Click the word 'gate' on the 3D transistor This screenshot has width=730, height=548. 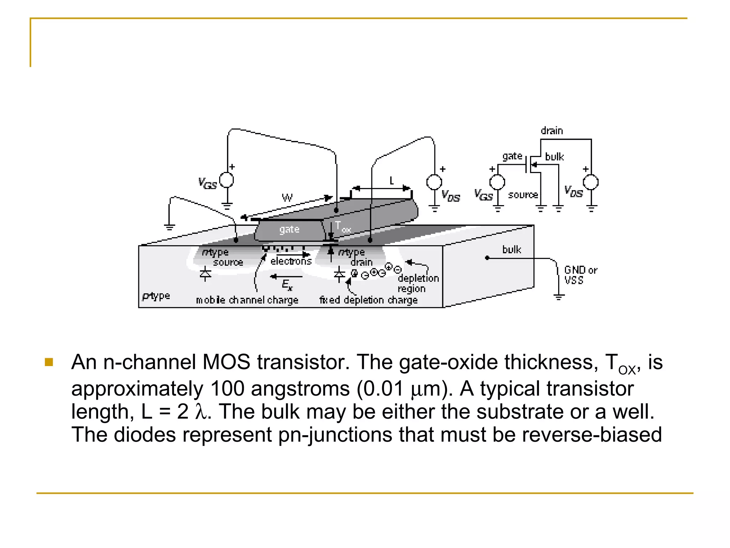point(289,229)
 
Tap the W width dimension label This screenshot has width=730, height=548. point(287,198)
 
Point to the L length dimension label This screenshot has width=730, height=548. point(391,181)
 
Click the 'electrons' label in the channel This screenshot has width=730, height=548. point(291,261)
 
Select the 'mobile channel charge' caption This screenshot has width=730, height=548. point(247,300)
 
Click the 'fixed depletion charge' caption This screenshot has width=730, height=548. point(368,300)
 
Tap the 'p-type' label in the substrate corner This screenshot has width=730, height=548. point(156,296)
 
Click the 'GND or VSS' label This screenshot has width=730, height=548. point(580,275)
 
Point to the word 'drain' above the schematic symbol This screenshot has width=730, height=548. point(552,131)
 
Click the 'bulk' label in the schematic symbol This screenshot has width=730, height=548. point(554,157)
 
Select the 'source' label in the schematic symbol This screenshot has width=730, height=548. point(523,195)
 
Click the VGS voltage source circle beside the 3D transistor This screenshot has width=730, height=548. point(227,180)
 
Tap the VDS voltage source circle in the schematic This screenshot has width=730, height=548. point(591,182)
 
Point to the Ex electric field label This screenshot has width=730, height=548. point(287,285)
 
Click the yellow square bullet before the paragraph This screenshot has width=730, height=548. point(49,362)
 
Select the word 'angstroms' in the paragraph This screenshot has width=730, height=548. point(300,389)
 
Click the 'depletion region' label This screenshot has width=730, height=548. point(418,283)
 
